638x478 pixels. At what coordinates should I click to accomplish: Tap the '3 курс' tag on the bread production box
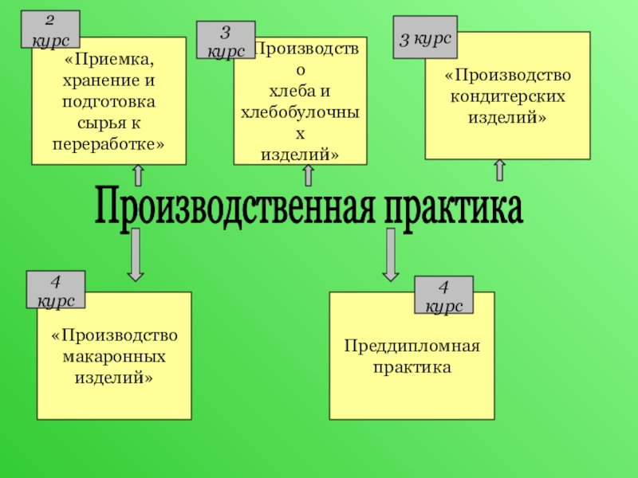tap(226, 41)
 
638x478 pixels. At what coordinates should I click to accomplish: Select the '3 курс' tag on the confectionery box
tap(425, 37)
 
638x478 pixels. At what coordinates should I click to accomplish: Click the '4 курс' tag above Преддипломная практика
tap(443, 296)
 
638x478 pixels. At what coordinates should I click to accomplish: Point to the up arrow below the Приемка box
tap(138, 176)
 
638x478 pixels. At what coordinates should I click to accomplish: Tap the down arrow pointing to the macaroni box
tap(136, 254)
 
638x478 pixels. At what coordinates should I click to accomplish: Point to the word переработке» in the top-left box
tap(109, 145)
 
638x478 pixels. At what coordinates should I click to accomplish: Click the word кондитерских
tap(508, 96)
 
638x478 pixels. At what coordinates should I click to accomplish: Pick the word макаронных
tap(114, 356)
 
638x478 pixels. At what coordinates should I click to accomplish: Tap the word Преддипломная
tap(412, 347)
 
